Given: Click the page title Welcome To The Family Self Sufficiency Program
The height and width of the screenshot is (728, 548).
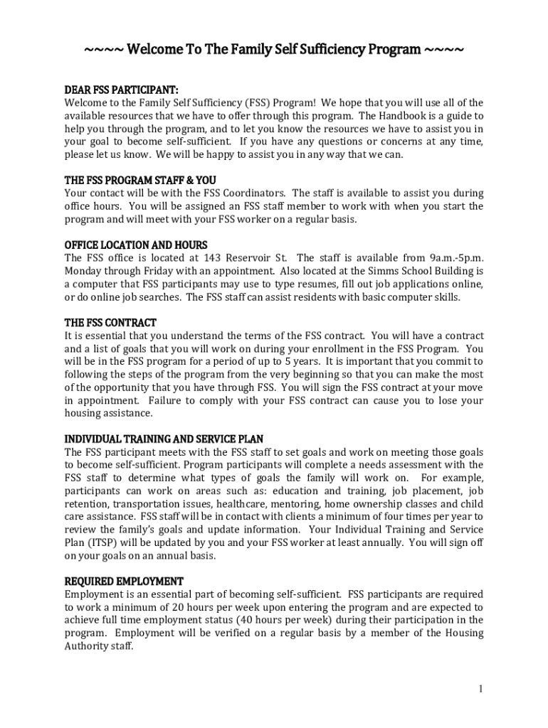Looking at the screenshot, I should click(274, 51).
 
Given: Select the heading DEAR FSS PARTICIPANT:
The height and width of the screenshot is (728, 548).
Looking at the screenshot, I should click(121, 90).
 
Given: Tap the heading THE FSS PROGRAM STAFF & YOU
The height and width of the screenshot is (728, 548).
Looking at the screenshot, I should click(140, 180).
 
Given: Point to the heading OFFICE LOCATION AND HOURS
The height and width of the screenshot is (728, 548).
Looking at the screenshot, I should click(136, 245).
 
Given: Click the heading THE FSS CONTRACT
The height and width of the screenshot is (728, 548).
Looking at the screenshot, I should click(110, 323).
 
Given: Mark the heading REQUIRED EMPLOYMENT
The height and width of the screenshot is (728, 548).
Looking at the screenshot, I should click(124, 581).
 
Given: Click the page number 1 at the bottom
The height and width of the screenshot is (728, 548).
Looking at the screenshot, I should click(481, 689).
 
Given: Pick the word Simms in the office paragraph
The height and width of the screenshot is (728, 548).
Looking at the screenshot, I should click(367, 271).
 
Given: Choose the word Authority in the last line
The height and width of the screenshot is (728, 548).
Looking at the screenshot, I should click(90, 646).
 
